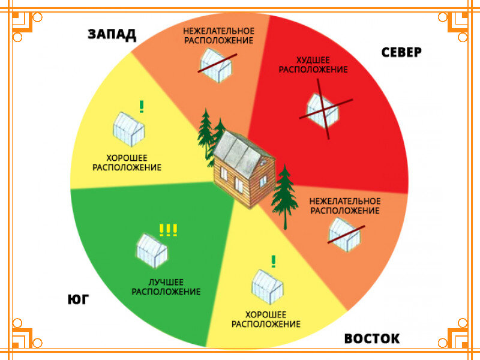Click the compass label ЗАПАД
(x=112, y=34)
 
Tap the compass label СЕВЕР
(x=401, y=52)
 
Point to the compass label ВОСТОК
(x=371, y=339)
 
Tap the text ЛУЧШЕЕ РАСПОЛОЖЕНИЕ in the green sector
(x=166, y=287)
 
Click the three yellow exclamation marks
(x=168, y=230)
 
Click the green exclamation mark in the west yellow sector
(x=142, y=106)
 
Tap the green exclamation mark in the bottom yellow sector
(x=274, y=261)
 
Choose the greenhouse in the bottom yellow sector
(x=267, y=286)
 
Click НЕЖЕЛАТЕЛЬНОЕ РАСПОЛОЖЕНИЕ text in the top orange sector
(x=218, y=35)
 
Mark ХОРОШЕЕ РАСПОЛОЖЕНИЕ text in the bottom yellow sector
(x=266, y=319)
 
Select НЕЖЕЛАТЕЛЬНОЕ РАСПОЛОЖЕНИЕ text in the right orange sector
(x=344, y=206)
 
